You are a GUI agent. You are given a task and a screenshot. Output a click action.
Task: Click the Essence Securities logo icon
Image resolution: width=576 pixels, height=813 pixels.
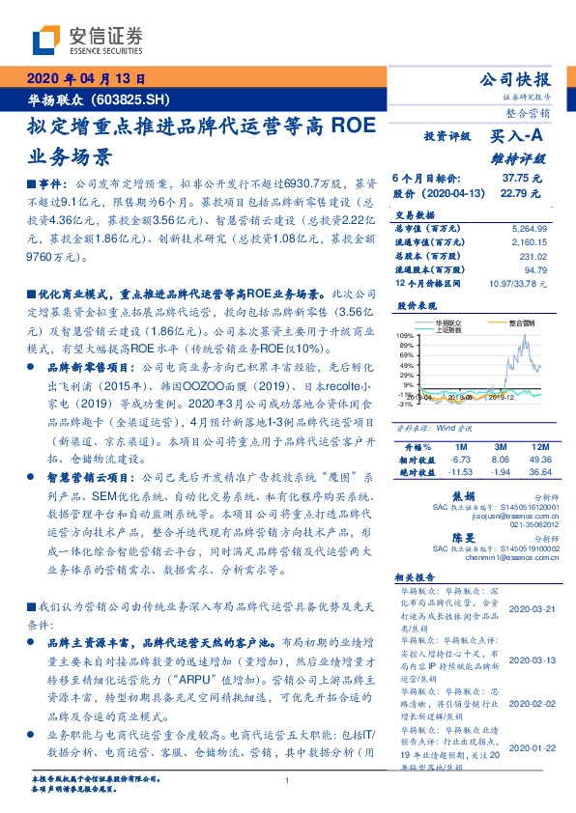47,38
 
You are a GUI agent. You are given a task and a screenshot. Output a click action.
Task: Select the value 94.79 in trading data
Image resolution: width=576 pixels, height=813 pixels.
534,270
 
